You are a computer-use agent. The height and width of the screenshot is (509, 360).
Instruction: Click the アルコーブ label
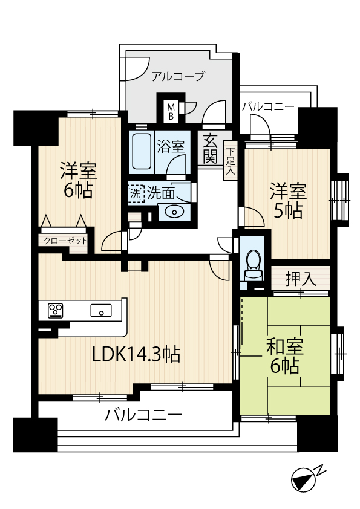coord(178,76)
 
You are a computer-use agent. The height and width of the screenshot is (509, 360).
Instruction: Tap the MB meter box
coord(171,111)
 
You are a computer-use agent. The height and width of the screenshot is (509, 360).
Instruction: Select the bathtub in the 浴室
coord(142,151)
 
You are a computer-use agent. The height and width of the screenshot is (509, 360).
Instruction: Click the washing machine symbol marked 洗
coord(136,194)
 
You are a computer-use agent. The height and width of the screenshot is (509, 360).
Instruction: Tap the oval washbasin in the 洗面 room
coord(174,212)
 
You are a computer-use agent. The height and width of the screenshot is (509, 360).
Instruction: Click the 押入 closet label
coord(301,279)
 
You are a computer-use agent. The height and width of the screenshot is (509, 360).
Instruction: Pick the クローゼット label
coord(65,241)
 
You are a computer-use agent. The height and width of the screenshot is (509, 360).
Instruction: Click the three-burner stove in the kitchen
coord(55,310)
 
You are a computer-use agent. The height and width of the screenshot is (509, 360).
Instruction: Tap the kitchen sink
coord(101,310)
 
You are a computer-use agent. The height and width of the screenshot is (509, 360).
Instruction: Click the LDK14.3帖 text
coord(137,354)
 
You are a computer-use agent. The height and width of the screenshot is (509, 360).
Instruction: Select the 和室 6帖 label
coord(285,356)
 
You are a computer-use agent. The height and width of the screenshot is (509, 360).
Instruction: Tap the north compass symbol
coord(304,479)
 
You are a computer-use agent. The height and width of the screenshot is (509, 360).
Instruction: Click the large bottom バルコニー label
coord(143,415)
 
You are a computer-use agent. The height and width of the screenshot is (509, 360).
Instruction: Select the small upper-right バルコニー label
coord(268,107)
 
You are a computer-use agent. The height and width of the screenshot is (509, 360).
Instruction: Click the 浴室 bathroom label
coord(171,147)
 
